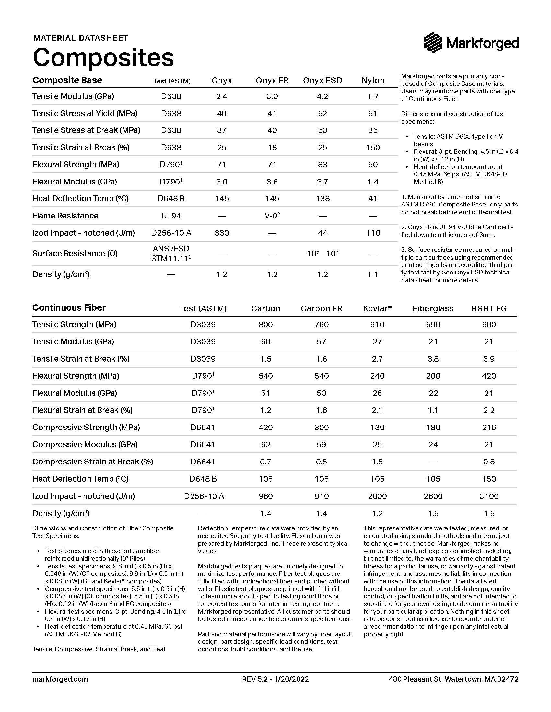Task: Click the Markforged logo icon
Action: [x=433, y=43]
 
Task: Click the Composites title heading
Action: [x=103, y=57]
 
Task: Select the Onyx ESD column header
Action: [x=322, y=81]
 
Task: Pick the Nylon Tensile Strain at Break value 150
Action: [x=373, y=147]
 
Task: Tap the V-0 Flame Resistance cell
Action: [x=272, y=216]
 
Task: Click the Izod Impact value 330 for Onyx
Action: [x=222, y=233]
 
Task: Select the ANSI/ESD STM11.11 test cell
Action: [x=171, y=254]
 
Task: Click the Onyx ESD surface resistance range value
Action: [x=322, y=254]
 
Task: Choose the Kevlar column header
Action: [x=377, y=308]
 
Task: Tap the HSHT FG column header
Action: [x=489, y=308]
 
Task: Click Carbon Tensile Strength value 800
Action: [x=265, y=324]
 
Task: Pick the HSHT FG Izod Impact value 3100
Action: [x=489, y=496]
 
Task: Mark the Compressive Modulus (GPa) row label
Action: [x=85, y=445]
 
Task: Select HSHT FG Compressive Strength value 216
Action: [x=489, y=428]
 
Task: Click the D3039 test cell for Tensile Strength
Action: [x=203, y=324]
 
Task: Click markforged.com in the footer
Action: [x=60, y=679]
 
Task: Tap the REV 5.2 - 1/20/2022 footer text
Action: [x=275, y=679]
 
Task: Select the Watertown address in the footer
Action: [x=453, y=679]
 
